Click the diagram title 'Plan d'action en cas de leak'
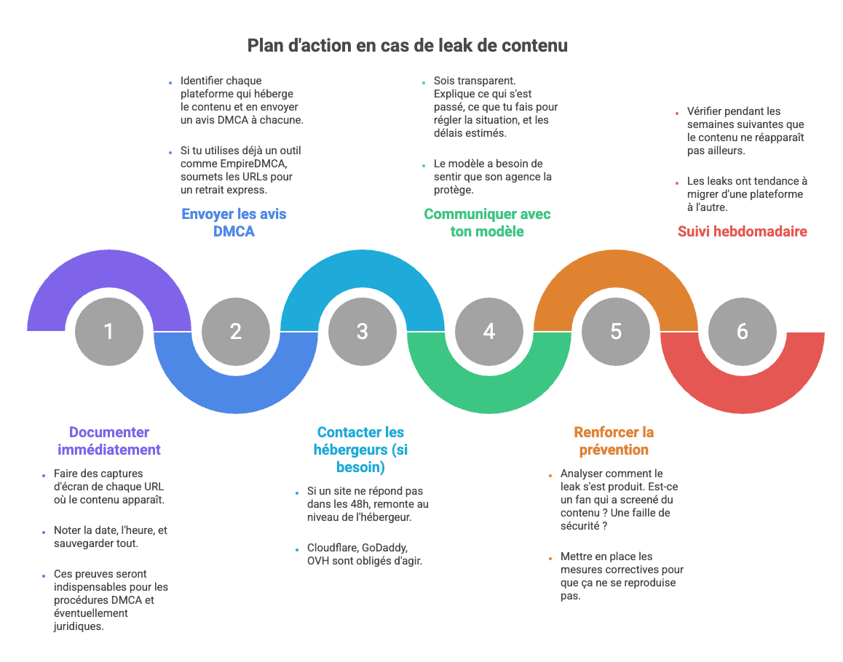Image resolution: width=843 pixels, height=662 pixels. pos(407,46)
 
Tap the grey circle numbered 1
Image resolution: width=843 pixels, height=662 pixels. pos(108,332)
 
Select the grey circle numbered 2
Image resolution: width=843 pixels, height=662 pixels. pos(235,332)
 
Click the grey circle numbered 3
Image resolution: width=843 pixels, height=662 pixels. pos(362,332)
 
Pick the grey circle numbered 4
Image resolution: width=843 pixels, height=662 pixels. pos(488,332)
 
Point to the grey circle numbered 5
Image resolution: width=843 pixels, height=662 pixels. pos(616,332)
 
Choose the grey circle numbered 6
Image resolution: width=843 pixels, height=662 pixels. pos(742,332)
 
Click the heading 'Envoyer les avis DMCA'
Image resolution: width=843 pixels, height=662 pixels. pos(234,223)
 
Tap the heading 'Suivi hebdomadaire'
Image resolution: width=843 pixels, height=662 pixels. pos(742,231)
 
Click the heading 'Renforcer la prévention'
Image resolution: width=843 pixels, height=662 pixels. pos(614,441)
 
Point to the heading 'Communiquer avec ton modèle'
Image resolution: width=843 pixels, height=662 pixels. pos(487,223)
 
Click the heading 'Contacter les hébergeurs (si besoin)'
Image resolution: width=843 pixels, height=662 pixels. pos(360,450)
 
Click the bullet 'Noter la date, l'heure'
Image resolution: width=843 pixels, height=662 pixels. pos(110,537)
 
